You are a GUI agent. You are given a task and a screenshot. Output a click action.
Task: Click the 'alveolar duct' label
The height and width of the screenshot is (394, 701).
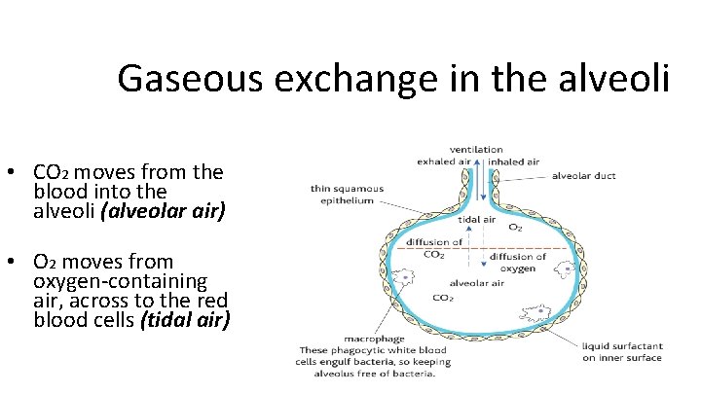584,178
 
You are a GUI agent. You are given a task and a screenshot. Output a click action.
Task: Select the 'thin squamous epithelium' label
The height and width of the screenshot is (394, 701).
348,195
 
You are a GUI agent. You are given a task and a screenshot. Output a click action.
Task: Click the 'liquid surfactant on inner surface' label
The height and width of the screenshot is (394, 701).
622,351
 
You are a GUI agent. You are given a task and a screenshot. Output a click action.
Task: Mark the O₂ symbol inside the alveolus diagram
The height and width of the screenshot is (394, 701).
515,227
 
